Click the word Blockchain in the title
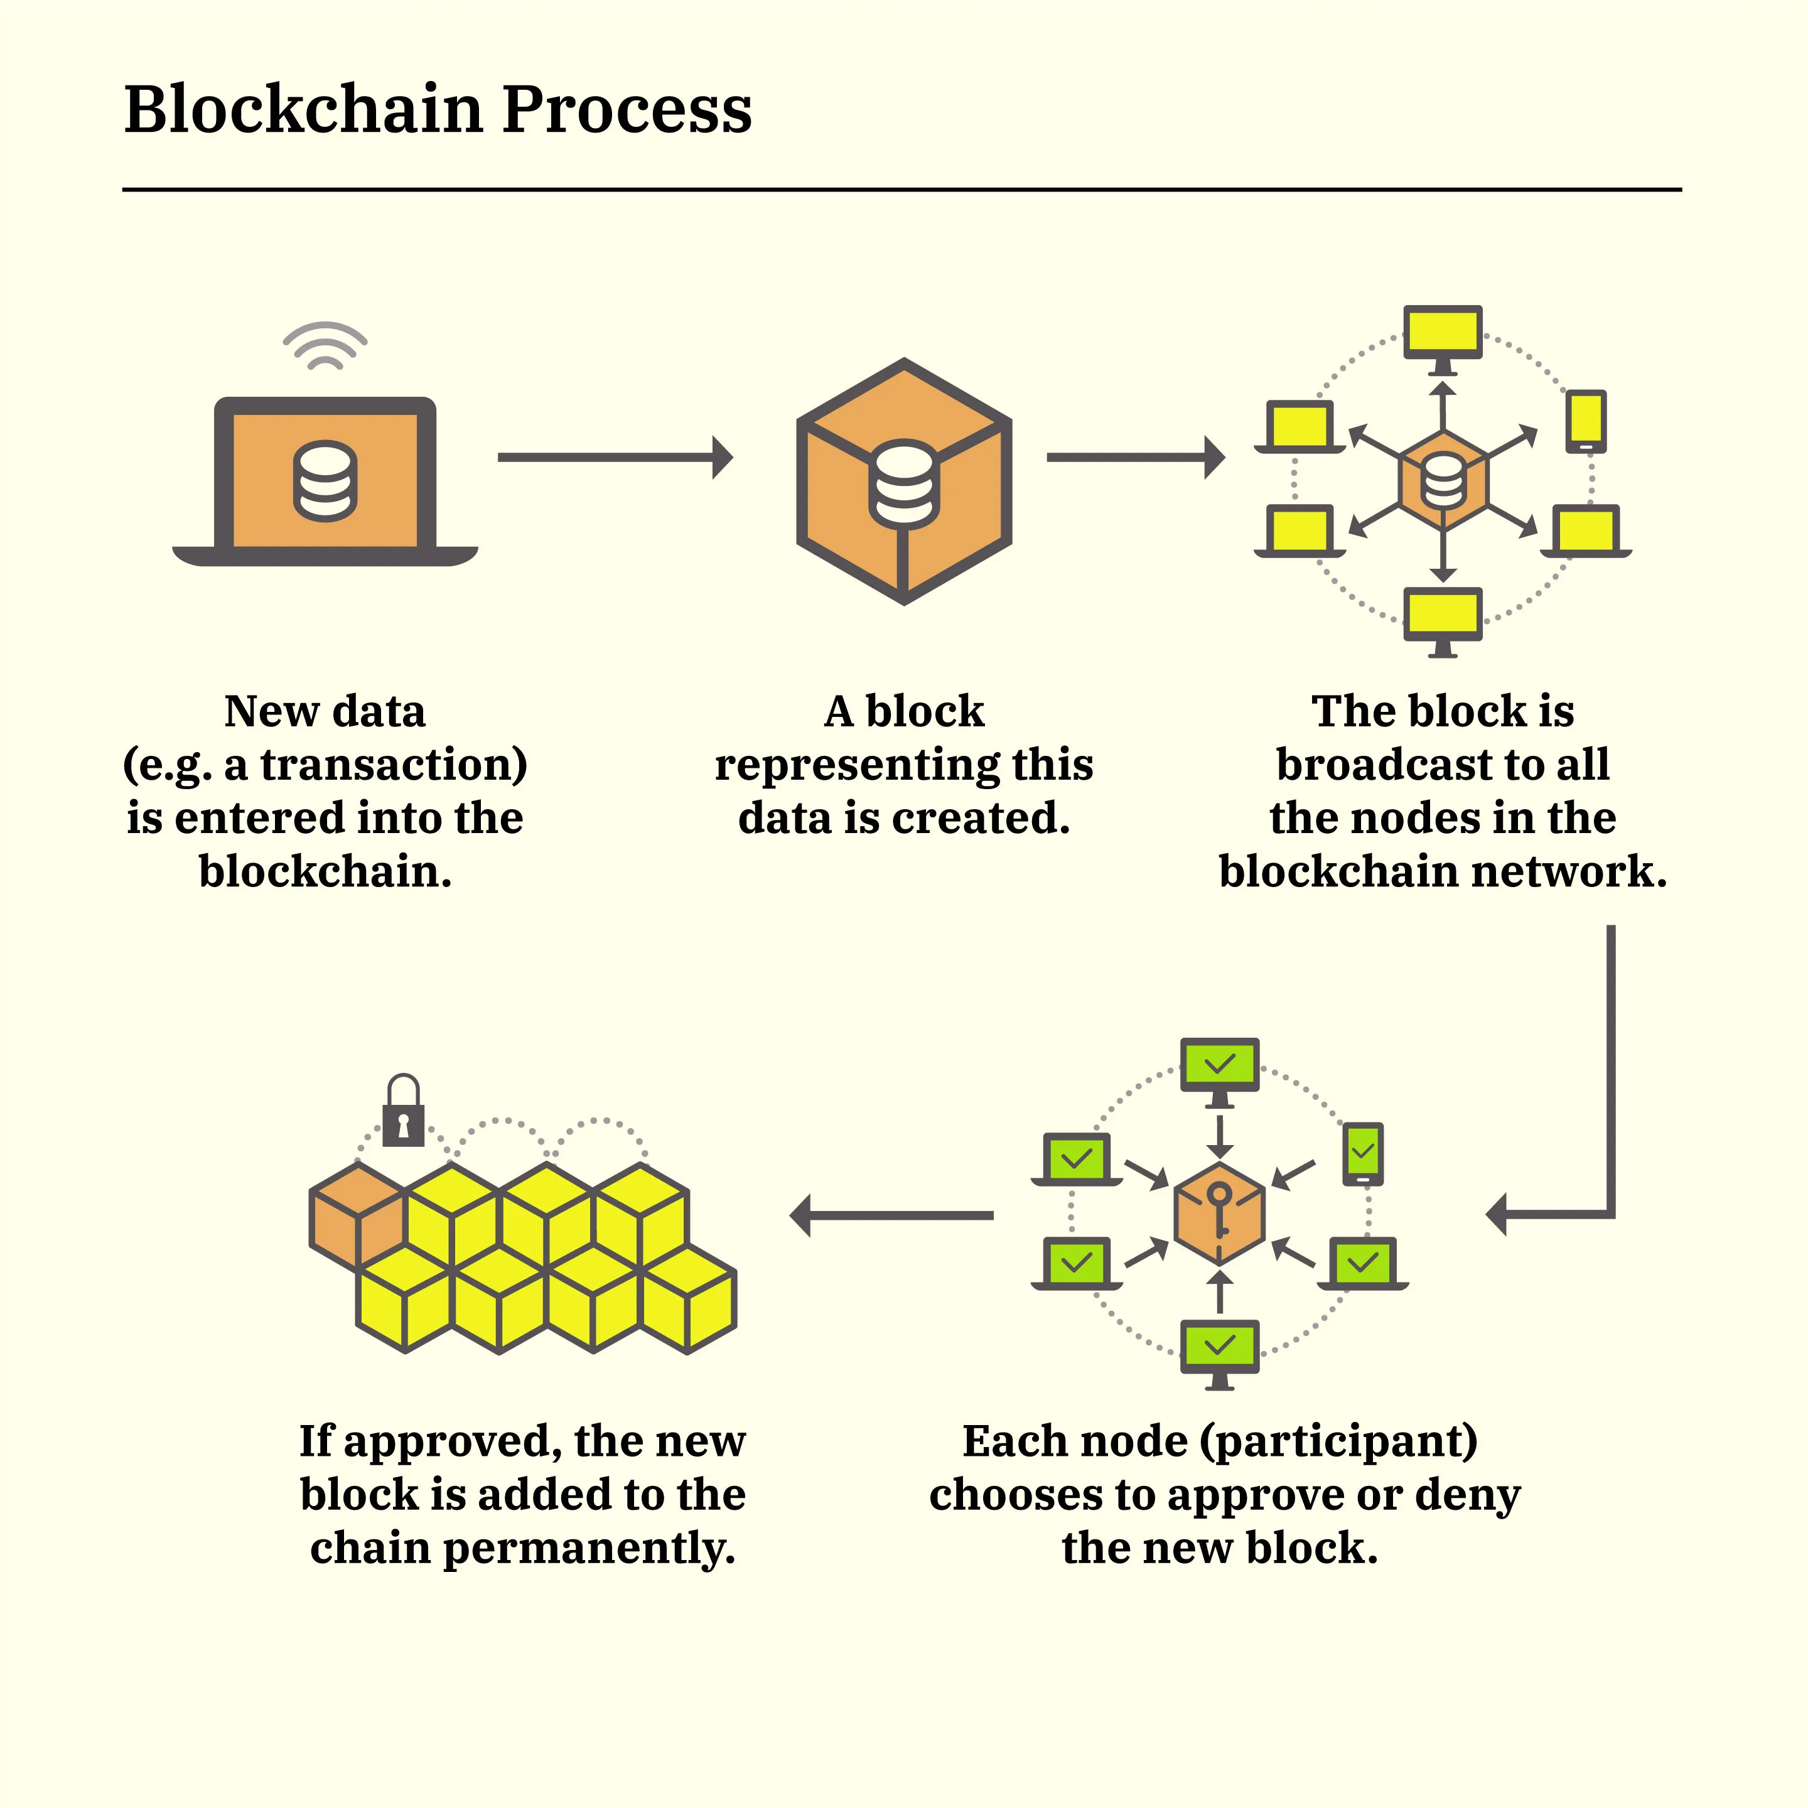coord(303,109)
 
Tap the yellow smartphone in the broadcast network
coord(1585,420)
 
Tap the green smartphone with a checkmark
coord(1362,1152)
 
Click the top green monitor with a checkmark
coord(1219,1065)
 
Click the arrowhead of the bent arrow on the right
coord(1497,1215)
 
